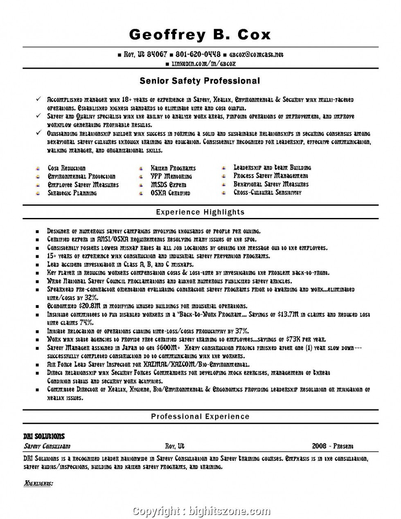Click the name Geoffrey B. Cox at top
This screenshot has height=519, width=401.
(x=200, y=34)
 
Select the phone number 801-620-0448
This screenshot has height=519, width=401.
(x=198, y=54)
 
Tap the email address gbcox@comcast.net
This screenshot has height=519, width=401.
(x=256, y=54)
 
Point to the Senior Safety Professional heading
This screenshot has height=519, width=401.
(x=200, y=81)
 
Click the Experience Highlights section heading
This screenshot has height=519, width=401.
(x=200, y=212)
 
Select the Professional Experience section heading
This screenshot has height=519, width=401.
(x=200, y=416)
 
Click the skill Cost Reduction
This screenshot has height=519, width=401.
(x=66, y=168)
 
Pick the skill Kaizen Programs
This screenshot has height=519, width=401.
(x=173, y=168)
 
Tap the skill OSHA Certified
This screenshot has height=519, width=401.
(x=170, y=193)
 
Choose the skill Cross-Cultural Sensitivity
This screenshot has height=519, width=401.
(x=268, y=192)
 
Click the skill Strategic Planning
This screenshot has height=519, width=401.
(x=72, y=193)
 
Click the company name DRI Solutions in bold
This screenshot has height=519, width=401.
(x=44, y=436)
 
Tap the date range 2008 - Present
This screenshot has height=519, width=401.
(x=332, y=446)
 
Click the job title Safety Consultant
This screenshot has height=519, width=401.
(x=47, y=446)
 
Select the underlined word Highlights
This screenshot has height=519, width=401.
(x=38, y=483)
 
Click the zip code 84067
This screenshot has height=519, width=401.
(x=157, y=54)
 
